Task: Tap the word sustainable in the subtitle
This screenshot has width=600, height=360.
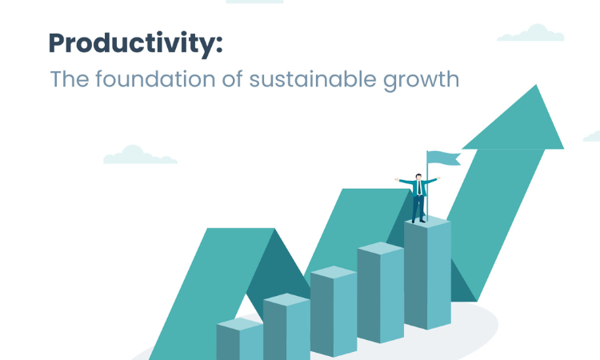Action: coord(313,79)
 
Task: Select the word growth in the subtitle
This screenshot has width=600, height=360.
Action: coord(421,80)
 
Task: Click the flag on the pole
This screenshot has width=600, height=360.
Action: coord(444,158)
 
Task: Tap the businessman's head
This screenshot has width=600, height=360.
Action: coord(418,176)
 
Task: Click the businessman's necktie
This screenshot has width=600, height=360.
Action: coord(420,187)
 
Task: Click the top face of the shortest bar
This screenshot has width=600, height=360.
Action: coord(239,324)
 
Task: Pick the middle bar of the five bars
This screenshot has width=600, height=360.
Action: coord(334,311)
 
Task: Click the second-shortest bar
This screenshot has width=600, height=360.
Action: coord(286,326)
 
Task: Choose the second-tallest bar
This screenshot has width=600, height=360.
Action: coord(380,292)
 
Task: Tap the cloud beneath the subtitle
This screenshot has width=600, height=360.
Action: coord(140,155)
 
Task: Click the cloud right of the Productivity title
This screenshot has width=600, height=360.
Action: coord(530,33)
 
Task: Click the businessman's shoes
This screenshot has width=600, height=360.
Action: coord(418,221)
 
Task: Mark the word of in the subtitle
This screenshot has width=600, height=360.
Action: coord(233,79)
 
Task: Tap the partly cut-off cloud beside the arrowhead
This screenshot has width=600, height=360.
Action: coord(591,137)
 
